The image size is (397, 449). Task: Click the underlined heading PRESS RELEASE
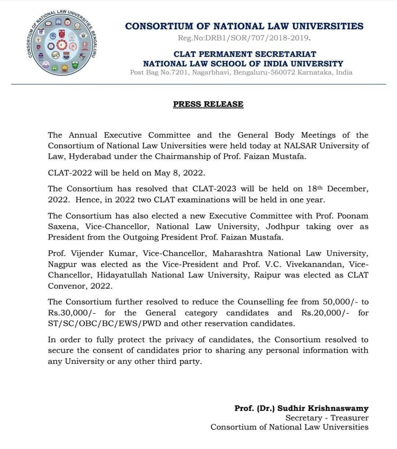pos(208,104)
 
